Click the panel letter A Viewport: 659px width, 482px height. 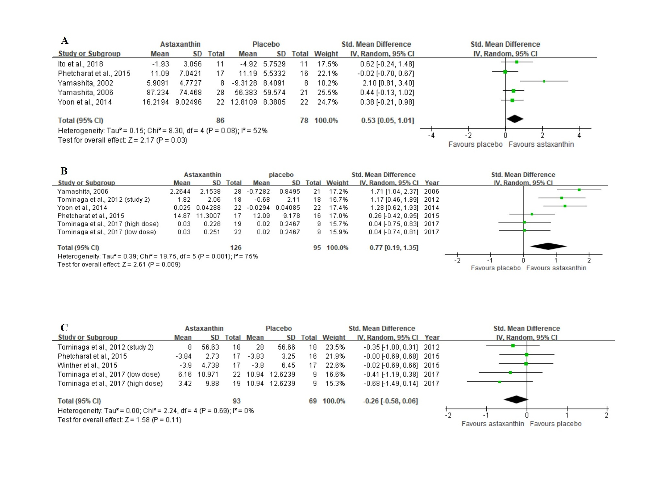pos(65,40)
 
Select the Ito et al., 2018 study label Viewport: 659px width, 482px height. pos(80,64)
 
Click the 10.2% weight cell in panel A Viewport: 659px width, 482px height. pos(327,83)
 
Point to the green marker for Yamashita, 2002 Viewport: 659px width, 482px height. pos(544,81)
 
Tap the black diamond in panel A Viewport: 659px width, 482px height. pos(515,119)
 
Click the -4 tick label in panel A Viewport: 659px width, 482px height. pos(431,136)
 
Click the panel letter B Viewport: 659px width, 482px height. pos(64,171)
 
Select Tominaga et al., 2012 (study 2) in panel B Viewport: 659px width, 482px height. pos(103,200)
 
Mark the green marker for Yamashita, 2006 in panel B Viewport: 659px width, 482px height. pos(579,190)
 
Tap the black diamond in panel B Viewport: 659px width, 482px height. pos(548,246)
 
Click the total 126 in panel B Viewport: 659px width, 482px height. pos(236,248)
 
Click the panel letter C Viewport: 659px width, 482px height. pos(64,328)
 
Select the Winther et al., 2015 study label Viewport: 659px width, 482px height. pos(87,365)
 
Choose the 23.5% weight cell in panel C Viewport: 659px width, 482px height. pos(334,347)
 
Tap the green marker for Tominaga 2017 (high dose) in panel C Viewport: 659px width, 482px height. pos(500,382)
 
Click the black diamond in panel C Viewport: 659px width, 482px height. pos(516,399)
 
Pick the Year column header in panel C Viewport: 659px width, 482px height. pos(432,338)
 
